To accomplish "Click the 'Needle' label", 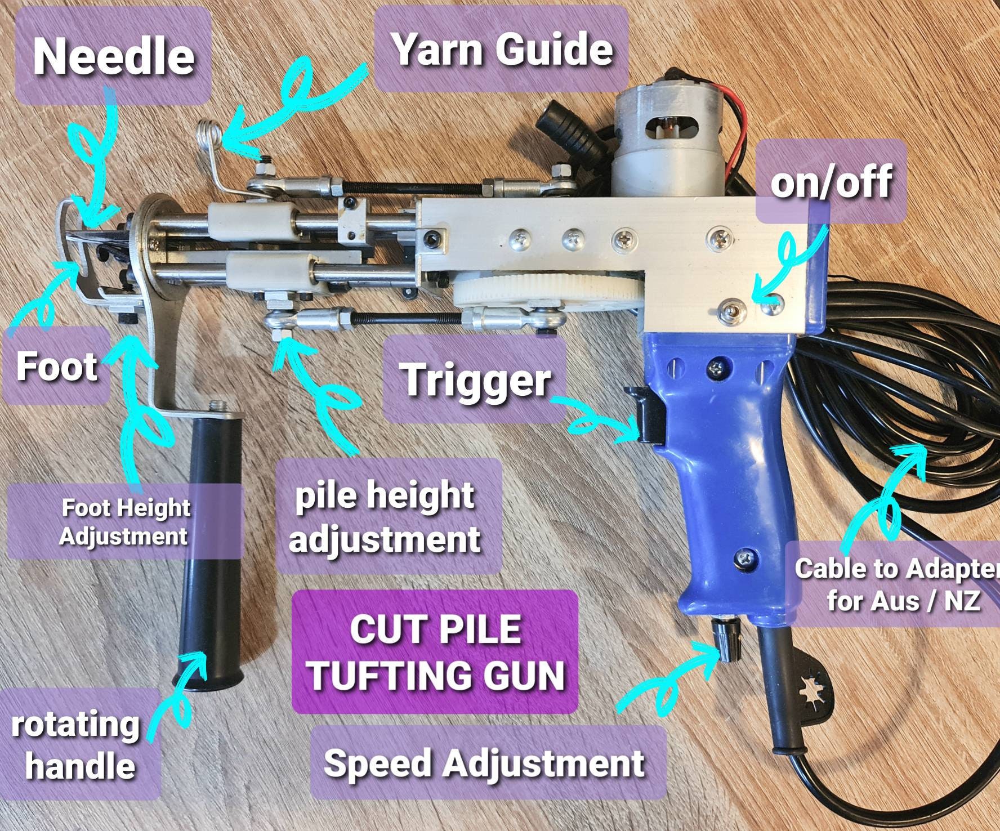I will [114, 57].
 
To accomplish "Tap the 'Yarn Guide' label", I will [502, 49].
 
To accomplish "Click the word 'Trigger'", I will [476, 380].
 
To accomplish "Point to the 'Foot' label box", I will [56, 367].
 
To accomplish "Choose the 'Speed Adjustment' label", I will [484, 763].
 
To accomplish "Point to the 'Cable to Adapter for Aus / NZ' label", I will [895, 584].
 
